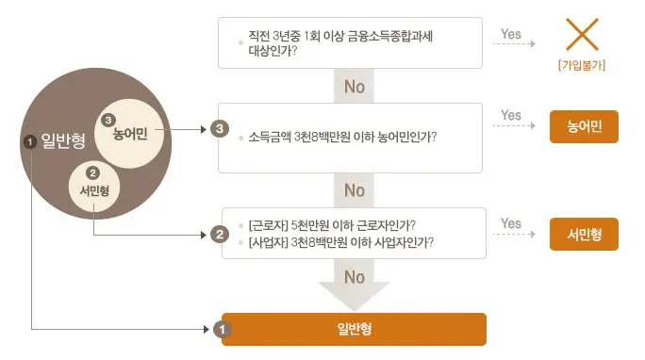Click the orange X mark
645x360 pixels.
pos(582,35)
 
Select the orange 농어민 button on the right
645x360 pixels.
pos(584,125)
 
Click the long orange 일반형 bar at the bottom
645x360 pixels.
pos(354,329)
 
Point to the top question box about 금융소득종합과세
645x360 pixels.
pos(352,42)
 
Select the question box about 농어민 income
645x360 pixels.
pos(352,137)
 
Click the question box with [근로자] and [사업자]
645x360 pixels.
pos(354,233)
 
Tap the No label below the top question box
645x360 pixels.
pos(354,87)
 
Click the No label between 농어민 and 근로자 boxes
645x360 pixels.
pos(354,190)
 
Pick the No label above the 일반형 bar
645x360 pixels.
pos(354,278)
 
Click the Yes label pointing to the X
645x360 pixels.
pos(511,35)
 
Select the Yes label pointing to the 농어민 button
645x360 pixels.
pos(511,116)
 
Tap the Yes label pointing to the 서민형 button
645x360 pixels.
pos(511,223)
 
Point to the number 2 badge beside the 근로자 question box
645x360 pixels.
pos(220,234)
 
